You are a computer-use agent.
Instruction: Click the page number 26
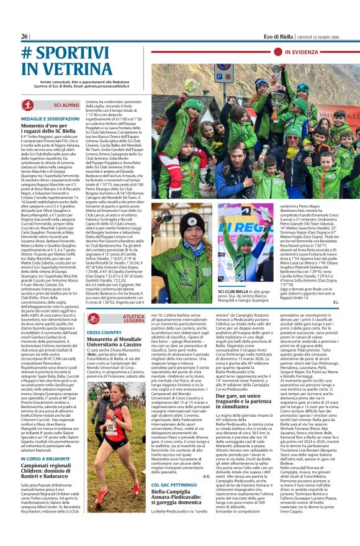pos(25,37)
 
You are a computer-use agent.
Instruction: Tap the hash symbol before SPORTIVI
pos(27,54)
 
